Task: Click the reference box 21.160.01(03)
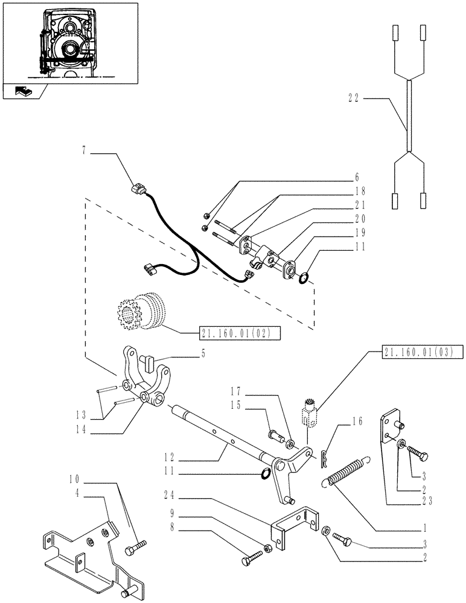pyautogui.click(x=421, y=352)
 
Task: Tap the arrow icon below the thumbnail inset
pyautogui.click(x=25, y=92)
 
